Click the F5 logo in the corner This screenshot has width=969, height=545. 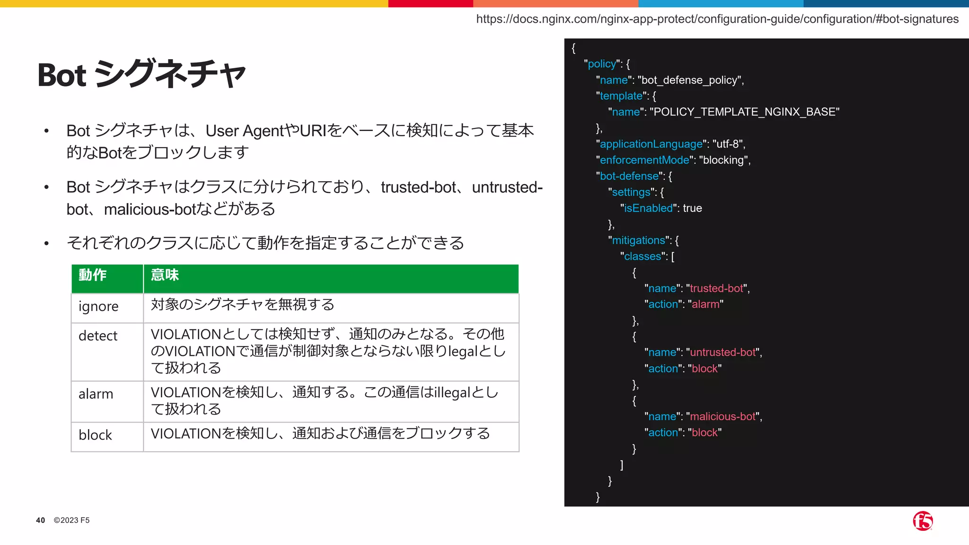pyautogui.click(x=923, y=521)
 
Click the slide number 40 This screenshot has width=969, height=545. pyautogui.click(x=41, y=520)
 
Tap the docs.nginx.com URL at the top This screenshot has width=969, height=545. pyautogui.click(x=717, y=19)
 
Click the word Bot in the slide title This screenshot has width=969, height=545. pyautogui.click(x=62, y=75)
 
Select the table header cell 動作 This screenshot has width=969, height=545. pyautogui.click(x=93, y=275)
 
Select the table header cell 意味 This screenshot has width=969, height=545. pyautogui.click(x=165, y=275)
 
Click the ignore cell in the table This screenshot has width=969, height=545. pyautogui.click(x=98, y=307)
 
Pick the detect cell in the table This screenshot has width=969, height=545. pyautogui.click(x=98, y=336)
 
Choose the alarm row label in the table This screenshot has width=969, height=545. pyautogui.click(x=96, y=394)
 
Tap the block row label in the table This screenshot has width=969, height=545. pyautogui.click(x=95, y=435)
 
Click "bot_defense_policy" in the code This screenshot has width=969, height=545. pyautogui.click(x=689, y=80)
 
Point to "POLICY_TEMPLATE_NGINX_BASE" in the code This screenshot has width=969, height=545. pyautogui.click(x=744, y=112)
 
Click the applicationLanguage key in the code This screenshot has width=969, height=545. pyautogui.click(x=651, y=144)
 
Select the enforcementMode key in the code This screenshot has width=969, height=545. pyautogui.click(x=644, y=160)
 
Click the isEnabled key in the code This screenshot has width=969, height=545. pyautogui.click(x=648, y=208)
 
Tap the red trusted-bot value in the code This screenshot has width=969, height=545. pyautogui.click(x=717, y=289)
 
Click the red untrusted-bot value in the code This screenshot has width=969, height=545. pyautogui.click(x=723, y=352)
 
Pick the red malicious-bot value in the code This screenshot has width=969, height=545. pyautogui.click(x=723, y=417)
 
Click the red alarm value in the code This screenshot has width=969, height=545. pyautogui.click(x=705, y=305)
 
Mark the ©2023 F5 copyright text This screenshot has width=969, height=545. pyautogui.click(x=71, y=520)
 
